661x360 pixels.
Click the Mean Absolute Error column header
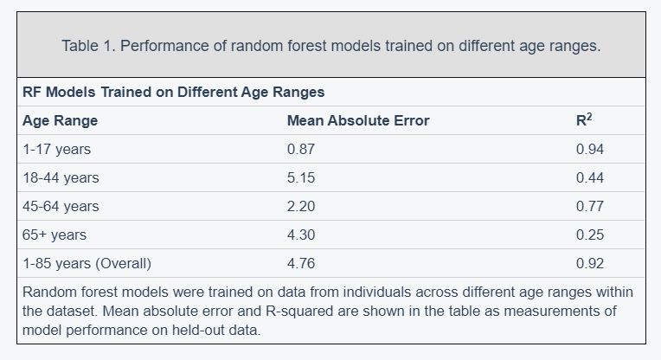tap(358, 120)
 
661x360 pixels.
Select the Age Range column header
tap(60, 121)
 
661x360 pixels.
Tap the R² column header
tap(584, 119)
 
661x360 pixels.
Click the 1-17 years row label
tap(56, 149)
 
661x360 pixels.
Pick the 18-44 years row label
tap(61, 178)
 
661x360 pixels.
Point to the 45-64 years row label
tap(61, 207)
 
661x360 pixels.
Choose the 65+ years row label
tap(55, 235)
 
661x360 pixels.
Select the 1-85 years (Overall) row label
tap(87, 263)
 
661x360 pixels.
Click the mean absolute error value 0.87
tap(301, 149)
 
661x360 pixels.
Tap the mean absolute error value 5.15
tap(301, 178)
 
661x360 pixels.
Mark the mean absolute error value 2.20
tap(301, 207)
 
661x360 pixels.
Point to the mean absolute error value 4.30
tap(301, 235)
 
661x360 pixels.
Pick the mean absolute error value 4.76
tap(301, 263)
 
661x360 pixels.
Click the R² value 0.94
tap(590, 149)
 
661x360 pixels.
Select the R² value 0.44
tap(590, 178)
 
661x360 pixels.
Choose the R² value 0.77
tap(590, 207)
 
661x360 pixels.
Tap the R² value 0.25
tap(590, 235)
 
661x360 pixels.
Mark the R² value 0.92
tap(590, 263)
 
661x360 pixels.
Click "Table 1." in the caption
tap(89, 46)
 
